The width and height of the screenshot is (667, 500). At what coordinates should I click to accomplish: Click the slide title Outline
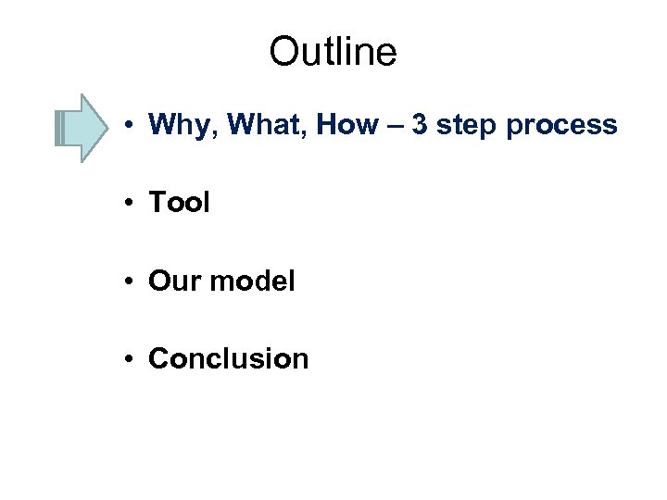click(333, 53)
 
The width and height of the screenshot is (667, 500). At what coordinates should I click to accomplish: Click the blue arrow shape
click(82, 128)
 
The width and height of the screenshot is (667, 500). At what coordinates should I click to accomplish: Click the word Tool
click(179, 202)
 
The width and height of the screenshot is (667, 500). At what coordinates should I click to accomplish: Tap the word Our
click(174, 281)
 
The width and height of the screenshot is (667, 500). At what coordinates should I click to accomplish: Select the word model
click(252, 281)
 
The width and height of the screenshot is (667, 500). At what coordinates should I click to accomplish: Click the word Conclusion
click(228, 358)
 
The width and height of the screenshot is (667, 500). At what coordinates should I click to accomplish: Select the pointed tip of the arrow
click(107, 128)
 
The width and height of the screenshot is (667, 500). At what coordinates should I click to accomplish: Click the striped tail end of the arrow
click(60, 128)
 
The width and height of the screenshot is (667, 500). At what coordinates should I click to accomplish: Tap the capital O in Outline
click(282, 53)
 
